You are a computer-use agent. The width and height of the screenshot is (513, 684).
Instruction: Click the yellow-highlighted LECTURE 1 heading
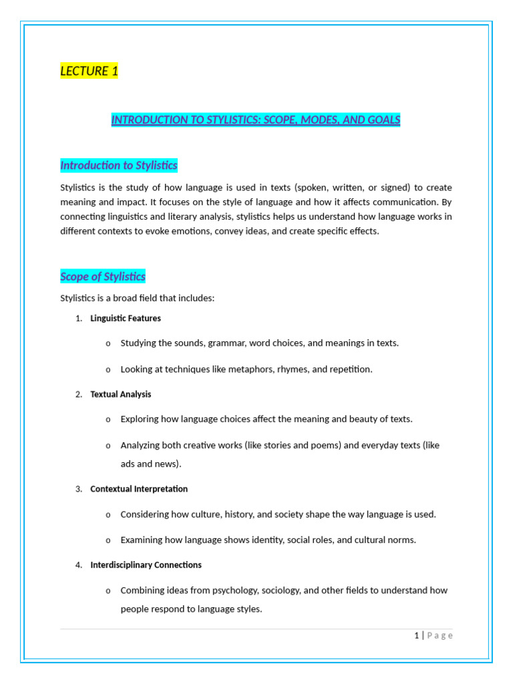click(89, 71)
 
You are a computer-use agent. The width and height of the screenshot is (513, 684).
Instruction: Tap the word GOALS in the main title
click(383, 120)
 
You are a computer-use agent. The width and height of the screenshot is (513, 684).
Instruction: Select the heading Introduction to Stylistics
click(119, 165)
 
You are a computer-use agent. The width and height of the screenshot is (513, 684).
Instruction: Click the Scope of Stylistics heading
click(103, 277)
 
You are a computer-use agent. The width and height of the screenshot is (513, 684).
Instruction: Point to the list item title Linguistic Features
click(126, 319)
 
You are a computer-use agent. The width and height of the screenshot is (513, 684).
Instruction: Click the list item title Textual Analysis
click(121, 394)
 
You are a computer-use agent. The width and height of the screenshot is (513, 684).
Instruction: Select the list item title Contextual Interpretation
click(139, 489)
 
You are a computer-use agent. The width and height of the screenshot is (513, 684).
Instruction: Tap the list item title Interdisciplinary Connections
click(146, 564)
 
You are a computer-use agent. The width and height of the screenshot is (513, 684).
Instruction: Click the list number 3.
click(78, 489)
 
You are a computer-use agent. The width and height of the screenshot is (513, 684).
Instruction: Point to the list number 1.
click(78, 319)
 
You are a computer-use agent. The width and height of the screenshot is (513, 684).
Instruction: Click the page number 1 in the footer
click(415, 635)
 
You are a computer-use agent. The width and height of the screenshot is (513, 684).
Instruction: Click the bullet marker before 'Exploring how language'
click(108, 419)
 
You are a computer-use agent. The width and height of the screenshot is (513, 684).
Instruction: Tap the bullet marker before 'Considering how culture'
click(108, 515)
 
